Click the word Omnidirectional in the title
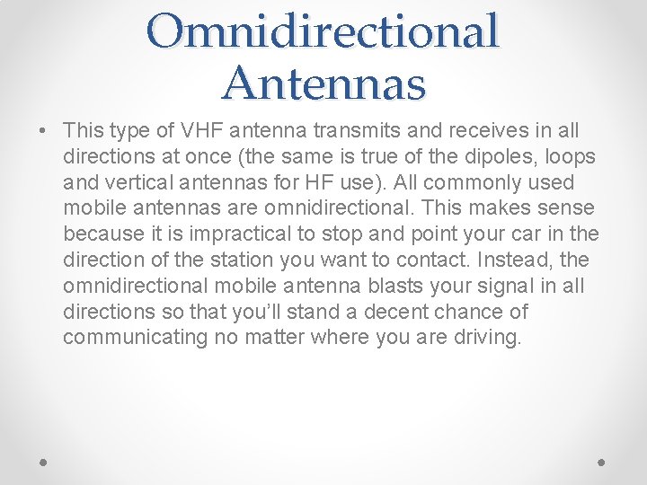323,31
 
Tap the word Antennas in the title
323,83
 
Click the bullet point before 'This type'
43,131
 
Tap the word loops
563,157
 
